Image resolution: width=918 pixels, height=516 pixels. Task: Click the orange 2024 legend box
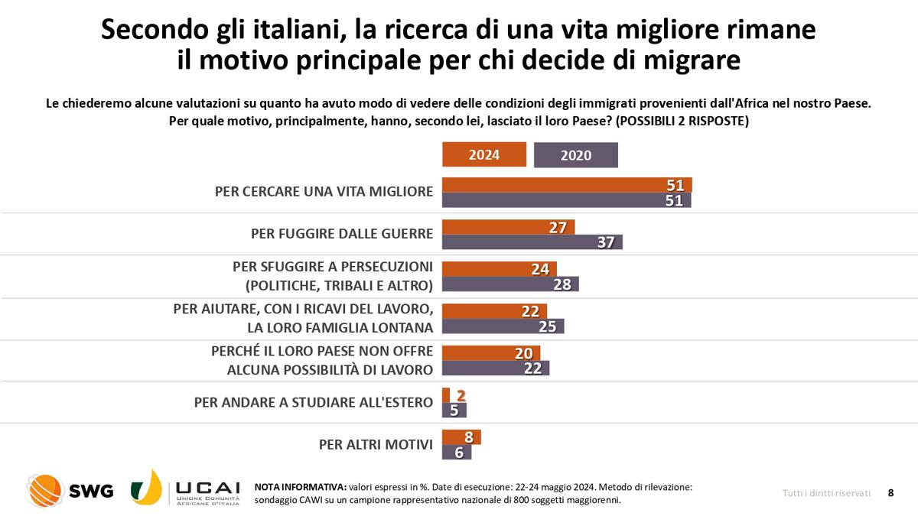pos(484,155)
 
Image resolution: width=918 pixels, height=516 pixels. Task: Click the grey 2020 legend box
pos(575,155)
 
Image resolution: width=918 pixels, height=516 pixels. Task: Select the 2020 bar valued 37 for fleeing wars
pos(532,242)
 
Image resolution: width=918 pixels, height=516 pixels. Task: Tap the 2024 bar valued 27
pos(508,227)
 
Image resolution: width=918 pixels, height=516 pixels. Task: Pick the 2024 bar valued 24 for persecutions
pos(500,269)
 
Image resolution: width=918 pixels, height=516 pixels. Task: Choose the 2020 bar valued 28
pos(510,284)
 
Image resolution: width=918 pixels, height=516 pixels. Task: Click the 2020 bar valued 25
pos(503,326)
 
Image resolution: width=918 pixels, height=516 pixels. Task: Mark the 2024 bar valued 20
pos(491,352)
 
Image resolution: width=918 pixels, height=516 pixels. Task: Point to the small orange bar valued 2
pos(446,395)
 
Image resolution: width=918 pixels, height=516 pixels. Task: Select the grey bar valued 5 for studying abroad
pos(454,410)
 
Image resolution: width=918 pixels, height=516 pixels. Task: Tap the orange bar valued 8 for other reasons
pos(461,437)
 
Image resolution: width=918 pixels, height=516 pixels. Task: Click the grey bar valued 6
pos(457,452)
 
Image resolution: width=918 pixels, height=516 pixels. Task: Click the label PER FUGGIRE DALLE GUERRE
pos(342,234)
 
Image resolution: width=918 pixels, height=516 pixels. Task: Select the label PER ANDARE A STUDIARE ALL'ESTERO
pos(314,402)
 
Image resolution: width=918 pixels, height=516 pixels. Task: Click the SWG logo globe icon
pos(44,491)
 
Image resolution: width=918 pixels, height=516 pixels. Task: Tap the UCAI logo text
pos(207,488)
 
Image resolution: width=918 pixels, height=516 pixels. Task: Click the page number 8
pos(890,493)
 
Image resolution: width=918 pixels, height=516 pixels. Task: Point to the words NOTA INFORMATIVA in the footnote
pos(299,487)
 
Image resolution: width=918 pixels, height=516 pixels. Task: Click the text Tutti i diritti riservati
pos(826,493)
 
